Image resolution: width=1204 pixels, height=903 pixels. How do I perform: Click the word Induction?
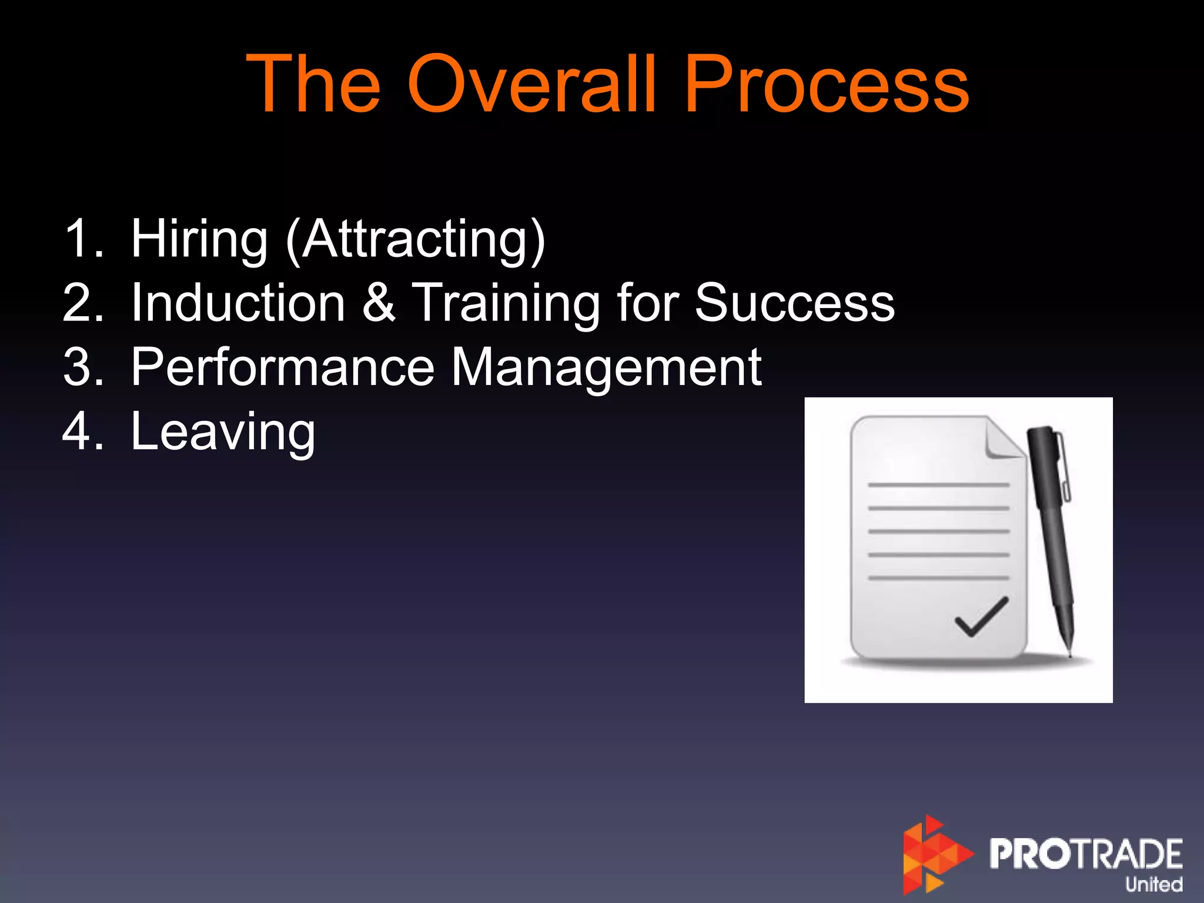(238, 303)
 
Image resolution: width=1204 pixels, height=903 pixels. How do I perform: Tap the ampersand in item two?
(378, 303)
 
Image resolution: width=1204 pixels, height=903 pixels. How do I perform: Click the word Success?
(794, 303)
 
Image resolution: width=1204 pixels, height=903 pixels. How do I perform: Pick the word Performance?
(282, 367)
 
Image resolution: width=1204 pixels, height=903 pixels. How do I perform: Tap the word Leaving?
(223, 432)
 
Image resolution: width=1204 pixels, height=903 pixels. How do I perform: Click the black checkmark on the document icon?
(981, 617)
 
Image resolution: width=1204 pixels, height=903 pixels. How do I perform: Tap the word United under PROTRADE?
(1153, 884)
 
